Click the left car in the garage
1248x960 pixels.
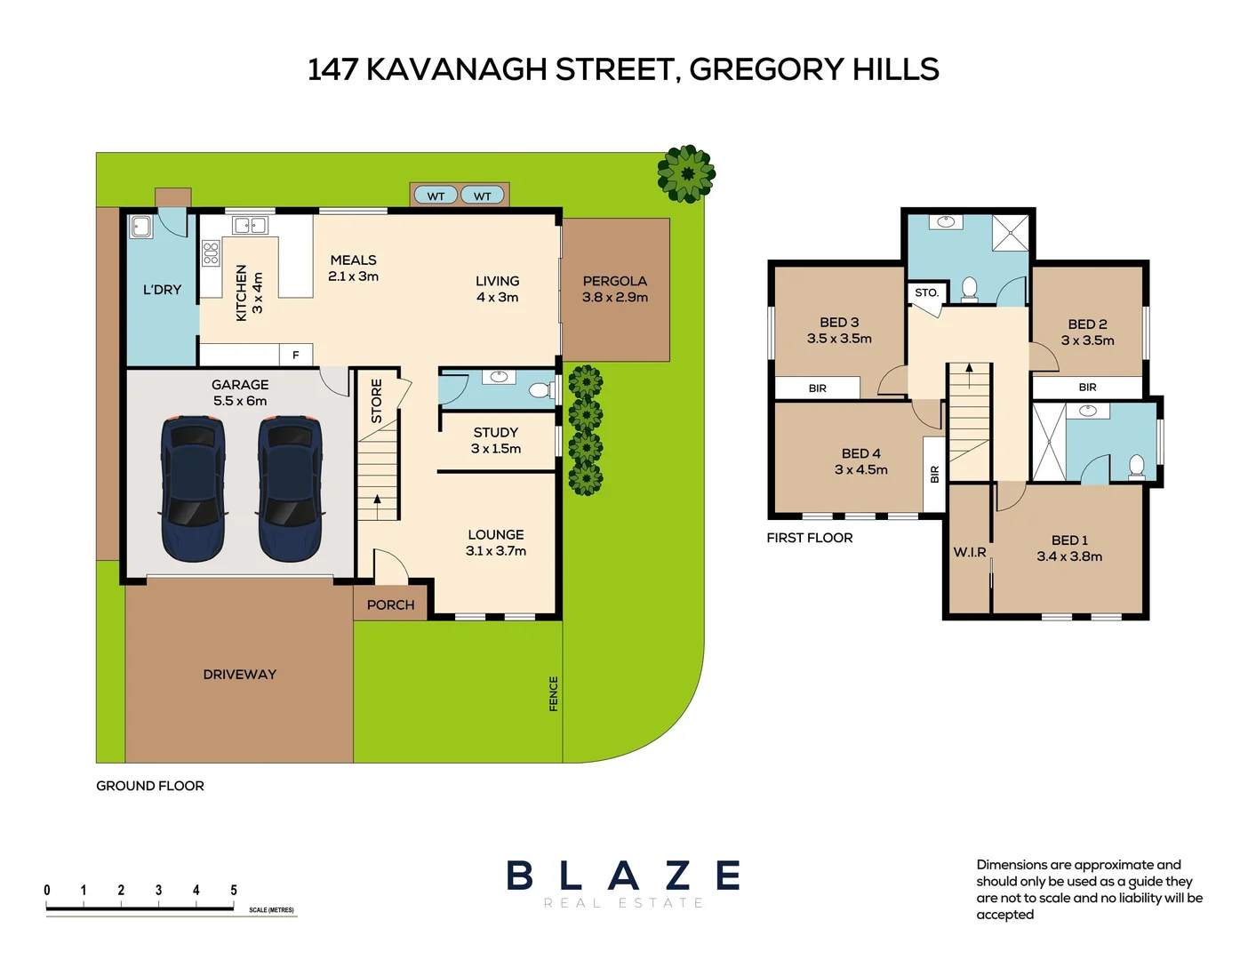pos(193,488)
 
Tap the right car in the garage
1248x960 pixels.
pos(290,488)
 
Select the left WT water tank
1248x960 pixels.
pos(436,196)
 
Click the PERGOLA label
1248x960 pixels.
pos(614,281)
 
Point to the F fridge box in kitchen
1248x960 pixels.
pos(296,355)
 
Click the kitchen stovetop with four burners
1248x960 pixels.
pos(211,253)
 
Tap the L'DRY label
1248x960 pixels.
pos(162,290)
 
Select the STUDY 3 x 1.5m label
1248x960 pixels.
pos(496,441)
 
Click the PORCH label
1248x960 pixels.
pos(390,604)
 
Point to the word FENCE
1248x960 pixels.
pos(553,693)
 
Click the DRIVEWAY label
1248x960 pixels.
pos(239,675)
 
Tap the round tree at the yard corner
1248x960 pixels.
pos(686,173)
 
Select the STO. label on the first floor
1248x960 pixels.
pos(926,292)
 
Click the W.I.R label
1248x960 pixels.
pos(970,552)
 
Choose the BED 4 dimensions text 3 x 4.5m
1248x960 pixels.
pos(860,469)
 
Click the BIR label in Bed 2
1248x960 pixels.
pos(1087,388)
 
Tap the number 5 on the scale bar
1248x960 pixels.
pos(234,890)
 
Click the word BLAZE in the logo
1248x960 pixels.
pos(623,876)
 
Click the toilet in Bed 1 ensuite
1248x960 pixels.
pos(1136,466)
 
